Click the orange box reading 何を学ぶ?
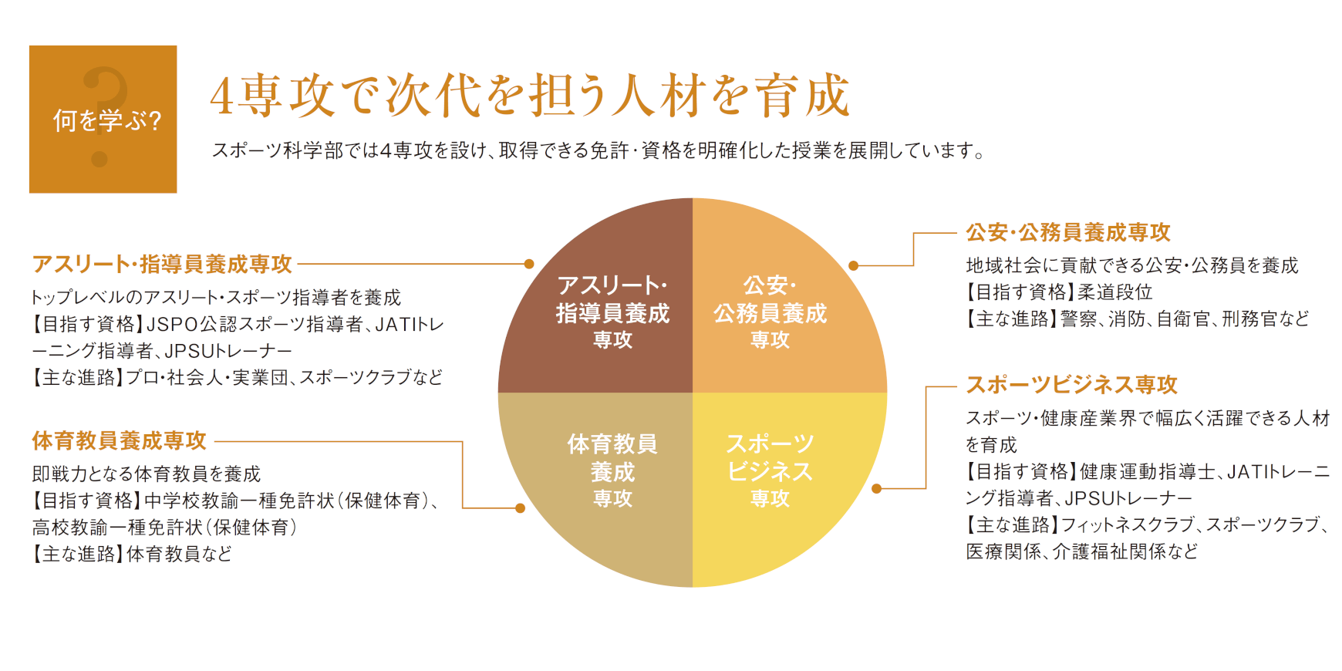click(103, 119)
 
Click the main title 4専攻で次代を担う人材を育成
click(530, 96)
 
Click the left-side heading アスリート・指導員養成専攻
click(162, 264)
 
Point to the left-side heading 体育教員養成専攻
click(120, 440)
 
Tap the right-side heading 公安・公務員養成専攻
click(1068, 232)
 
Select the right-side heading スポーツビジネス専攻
click(1072, 384)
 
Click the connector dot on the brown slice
click(529, 264)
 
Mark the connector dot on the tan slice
click(520, 508)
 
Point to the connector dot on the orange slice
click(853, 266)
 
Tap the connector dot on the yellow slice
click(876, 488)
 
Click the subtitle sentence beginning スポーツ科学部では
click(599, 150)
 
